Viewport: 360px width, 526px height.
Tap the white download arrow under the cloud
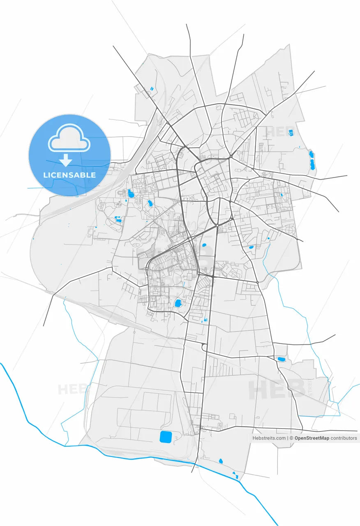click(x=65, y=160)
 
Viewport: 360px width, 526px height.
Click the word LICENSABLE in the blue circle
click(x=69, y=175)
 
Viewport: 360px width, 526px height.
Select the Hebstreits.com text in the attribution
click(x=269, y=438)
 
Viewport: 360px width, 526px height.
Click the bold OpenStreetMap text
click(x=312, y=438)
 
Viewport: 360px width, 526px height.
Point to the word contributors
click(x=344, y=438)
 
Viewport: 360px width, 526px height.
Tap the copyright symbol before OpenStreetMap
click(x=291, y=438)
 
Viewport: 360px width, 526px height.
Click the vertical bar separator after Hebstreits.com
click(x=287, y=438)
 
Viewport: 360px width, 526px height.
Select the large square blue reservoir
click(x=166, y=437)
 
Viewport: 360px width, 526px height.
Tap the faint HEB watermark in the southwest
click(x=72, y=389)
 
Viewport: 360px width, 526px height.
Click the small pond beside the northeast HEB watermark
click(x=291, y=133)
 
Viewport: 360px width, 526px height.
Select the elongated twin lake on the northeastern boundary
click(x=312, y=161)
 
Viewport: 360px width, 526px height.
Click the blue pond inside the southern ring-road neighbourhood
click(x=178, y=304)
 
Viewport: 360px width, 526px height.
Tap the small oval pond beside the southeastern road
click(x=281, y=359)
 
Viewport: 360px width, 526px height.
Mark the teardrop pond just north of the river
click(x=221, y=461)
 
